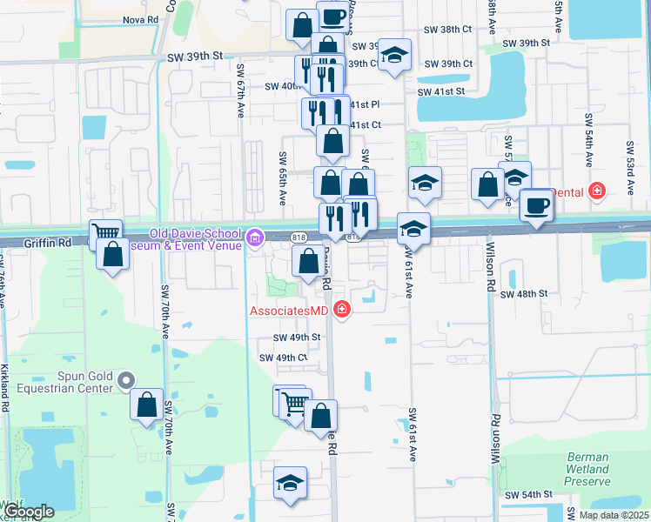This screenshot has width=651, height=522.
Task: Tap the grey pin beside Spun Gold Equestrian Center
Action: [x=127, y=380]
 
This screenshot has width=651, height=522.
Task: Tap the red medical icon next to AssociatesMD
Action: [x=342, y=310]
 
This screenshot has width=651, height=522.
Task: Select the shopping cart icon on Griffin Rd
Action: [x=105, y=233]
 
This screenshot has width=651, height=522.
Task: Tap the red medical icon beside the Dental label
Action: [x=597, y=191]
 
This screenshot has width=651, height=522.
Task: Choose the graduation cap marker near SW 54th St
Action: [x=291, y=483]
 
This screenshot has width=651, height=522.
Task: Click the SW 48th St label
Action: [x=524, y=294]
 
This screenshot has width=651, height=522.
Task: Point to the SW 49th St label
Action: [x=297, y=338]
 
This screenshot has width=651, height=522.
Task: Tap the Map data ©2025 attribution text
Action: [x=614, y=515]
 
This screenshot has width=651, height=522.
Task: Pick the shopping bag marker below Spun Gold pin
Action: [x=147, y=404]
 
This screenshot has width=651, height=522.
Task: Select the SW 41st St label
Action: [x=441, y=91]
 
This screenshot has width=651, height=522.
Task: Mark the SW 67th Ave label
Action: [x=240, y=97]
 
